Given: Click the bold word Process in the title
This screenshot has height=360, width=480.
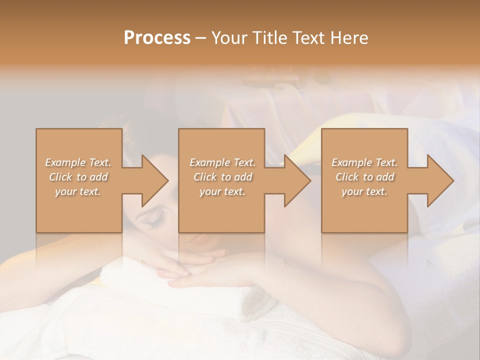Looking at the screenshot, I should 157,38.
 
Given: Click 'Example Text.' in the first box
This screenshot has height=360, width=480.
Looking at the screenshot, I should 78,162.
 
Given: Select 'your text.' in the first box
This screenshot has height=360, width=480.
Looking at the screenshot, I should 78,191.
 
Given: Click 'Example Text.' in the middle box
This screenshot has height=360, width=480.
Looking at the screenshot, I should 222,162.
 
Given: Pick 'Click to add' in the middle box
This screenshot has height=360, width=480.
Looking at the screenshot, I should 222,177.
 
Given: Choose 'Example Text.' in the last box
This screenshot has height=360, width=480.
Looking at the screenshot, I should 364,162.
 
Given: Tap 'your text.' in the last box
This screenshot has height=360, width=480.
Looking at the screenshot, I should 364,191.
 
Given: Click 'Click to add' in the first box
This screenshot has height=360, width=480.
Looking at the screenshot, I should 78,177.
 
